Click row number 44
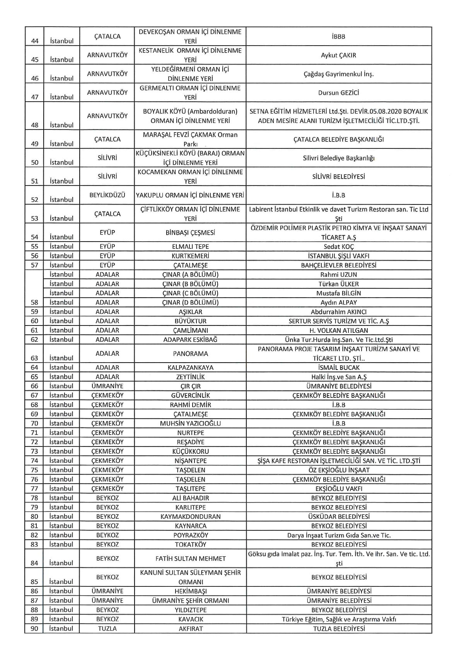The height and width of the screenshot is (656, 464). click(x=35, y=41)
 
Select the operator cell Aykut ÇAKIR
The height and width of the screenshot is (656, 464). click(x=338, y=55)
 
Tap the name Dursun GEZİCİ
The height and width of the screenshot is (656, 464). click(x=338, y=93)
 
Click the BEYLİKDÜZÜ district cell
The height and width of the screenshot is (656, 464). click(x=107, y=195)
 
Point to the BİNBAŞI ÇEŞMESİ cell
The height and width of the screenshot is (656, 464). click(x=190, y=233)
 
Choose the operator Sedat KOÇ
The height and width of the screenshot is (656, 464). click(x=338, y=247)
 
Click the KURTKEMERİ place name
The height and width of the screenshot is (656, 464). click(x=190, y=256)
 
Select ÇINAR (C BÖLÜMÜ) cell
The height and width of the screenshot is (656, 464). click(x=190, y=293)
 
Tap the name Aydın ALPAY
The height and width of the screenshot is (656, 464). click(x=338, y=302)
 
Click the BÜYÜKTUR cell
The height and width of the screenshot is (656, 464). click(x=190, y=321)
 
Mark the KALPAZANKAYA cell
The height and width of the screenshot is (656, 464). click(x=190, y=368)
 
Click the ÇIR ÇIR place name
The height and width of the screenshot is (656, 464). click(x=190, y=386)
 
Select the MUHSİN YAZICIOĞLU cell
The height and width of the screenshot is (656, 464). click(x=190, y=423)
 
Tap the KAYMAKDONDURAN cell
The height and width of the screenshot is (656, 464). click(x=190, y=516)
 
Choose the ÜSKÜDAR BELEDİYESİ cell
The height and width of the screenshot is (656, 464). click(x=338, y=516)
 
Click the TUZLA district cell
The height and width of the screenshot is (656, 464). click(x=107, y=629)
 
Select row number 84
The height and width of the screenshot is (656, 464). click(x=35, y=563)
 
